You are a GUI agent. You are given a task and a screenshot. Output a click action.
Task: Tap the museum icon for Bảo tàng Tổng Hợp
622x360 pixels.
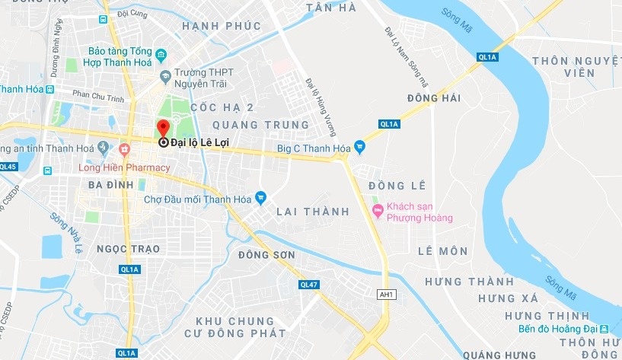(161, 55)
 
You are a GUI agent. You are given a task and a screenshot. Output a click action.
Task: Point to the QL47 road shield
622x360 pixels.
(308, 285)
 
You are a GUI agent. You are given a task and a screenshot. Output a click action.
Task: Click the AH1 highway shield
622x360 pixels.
(388, 294)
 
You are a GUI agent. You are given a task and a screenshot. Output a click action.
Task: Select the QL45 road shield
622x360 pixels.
(8, 166)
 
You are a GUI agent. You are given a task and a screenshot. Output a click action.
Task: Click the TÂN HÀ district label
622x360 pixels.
(330, 7)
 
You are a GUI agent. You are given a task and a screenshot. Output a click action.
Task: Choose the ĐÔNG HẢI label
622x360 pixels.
(434, 98)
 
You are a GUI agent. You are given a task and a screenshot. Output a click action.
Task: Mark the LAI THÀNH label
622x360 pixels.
(313, 211)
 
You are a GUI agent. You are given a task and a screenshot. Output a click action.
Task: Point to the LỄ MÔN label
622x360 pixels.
(443, 251)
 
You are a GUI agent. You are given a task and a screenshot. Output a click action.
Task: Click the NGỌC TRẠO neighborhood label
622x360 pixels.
(129, 249)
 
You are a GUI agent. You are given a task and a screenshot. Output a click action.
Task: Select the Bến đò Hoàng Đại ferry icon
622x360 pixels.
(603, 329)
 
